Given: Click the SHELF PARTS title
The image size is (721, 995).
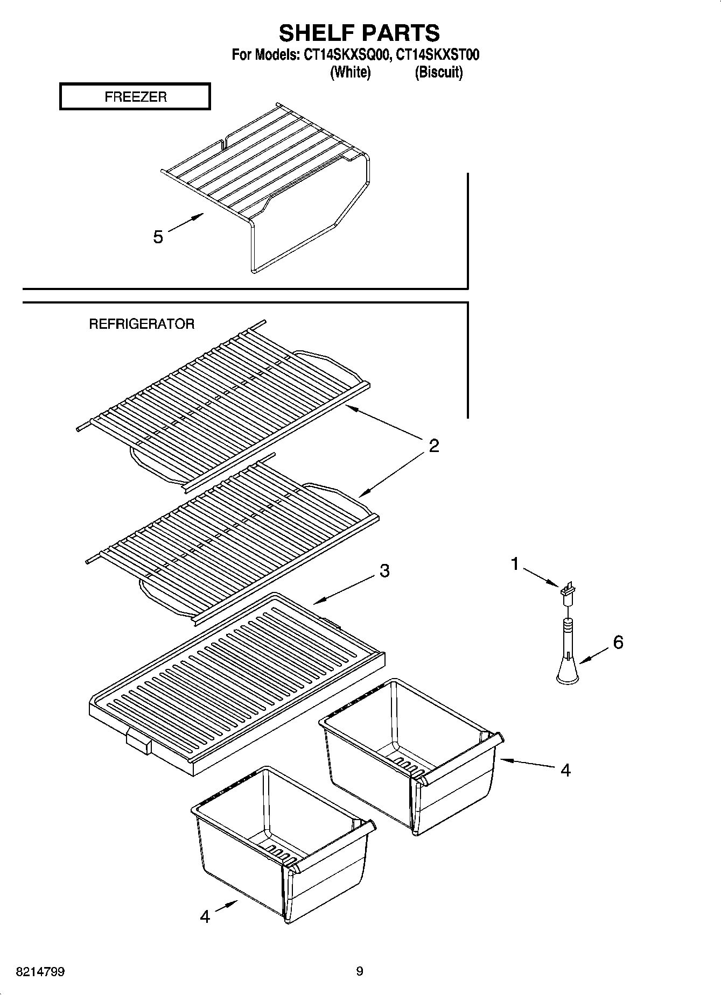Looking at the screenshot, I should (x=359, y=33).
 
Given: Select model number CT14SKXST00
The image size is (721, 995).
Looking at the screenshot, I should (x=437, y=55).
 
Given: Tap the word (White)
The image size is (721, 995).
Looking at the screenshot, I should (x=350, y=72).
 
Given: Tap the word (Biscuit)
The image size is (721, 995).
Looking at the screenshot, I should (x=438, y=72).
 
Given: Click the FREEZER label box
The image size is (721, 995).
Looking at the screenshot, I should (x=135, y=97).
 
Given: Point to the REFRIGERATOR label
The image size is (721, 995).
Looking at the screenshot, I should (x=142, y=324).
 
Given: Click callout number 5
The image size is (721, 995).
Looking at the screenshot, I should (x=158, y=237).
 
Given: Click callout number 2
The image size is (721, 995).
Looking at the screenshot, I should (x=434, y=446).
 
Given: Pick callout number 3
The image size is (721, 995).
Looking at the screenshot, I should (x=384, y=570).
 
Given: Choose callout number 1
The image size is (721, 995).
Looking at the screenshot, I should (x=515, y=564).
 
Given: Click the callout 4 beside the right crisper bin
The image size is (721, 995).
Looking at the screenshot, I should (x=565, y=770).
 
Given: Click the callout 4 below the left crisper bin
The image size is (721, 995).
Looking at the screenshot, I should (x=205, y=916).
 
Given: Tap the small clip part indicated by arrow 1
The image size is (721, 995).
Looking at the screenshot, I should (x=568, y=590).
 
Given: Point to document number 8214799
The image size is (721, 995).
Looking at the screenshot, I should (x=40, y=972).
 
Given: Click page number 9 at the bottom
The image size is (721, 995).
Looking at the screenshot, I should (x=360, y=971).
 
